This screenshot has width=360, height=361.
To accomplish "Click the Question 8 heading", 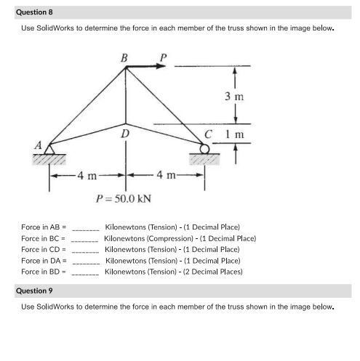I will tap(34, 12).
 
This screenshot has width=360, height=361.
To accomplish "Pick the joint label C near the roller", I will tap(209, 134).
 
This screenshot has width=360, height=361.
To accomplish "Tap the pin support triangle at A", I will tap(50, 150).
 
